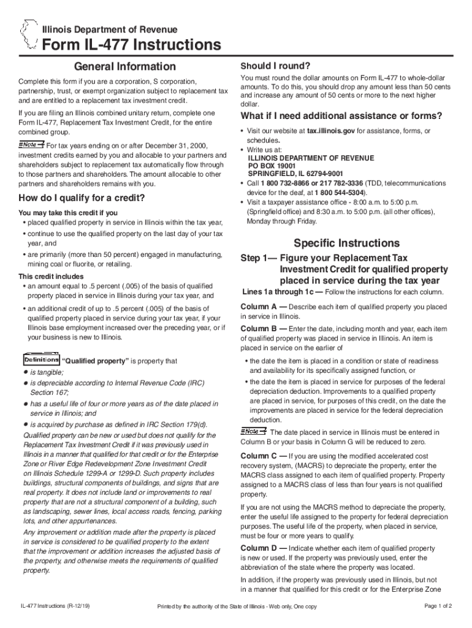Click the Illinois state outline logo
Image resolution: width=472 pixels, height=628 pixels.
point(28,36)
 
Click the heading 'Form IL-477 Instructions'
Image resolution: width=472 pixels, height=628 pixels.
point(131,45)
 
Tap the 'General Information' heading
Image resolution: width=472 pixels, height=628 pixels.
point(124,66)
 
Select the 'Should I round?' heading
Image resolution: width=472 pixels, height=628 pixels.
point(275,66)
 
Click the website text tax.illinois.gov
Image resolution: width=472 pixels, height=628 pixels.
point(331,131)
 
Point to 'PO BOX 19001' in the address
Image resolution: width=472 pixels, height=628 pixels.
point(272,166)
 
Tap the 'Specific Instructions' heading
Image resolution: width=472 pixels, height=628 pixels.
point(346,243)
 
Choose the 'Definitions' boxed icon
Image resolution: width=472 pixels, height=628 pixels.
point(41,360)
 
